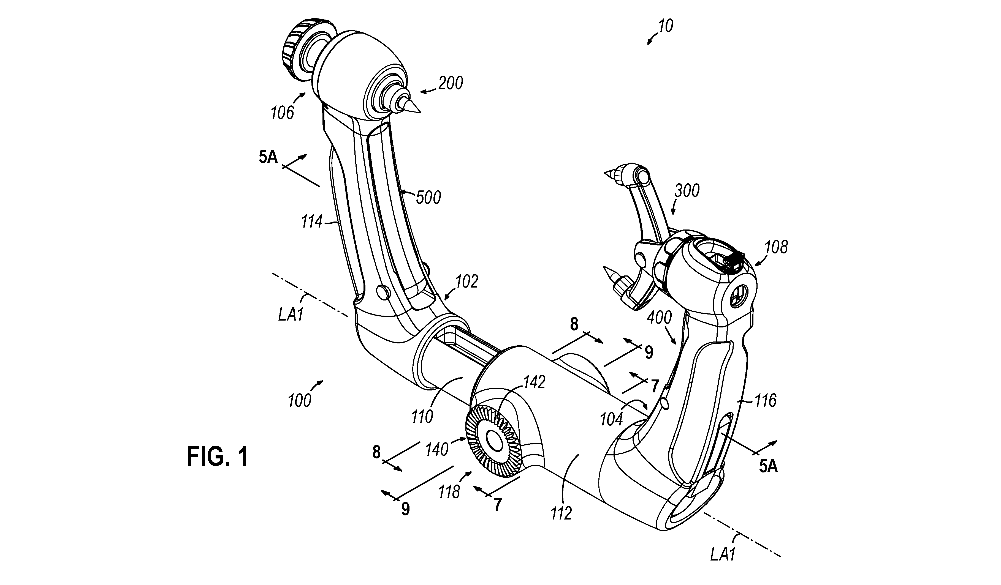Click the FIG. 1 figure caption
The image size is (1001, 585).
[x=218, y=456]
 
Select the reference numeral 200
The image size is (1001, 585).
[x=451, y=83]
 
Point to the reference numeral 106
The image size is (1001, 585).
[x=283, y=113]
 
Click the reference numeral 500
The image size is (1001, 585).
[x=428, y=197]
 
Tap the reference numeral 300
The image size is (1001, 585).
[x=687, y=191]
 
